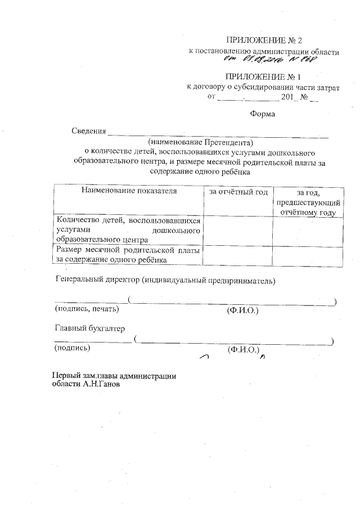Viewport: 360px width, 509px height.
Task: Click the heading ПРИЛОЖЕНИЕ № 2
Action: coord(264,40)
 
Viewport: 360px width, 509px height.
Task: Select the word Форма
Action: coord(262,115)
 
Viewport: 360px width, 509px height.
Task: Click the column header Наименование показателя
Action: coord(129,191)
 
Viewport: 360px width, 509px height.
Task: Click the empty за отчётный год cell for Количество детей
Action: coord(238,230)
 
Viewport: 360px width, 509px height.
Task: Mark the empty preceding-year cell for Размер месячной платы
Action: coord(307,255)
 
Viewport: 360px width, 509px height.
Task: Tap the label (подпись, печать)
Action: coord(87,308)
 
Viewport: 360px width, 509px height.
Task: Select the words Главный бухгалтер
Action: coord(89,328)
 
